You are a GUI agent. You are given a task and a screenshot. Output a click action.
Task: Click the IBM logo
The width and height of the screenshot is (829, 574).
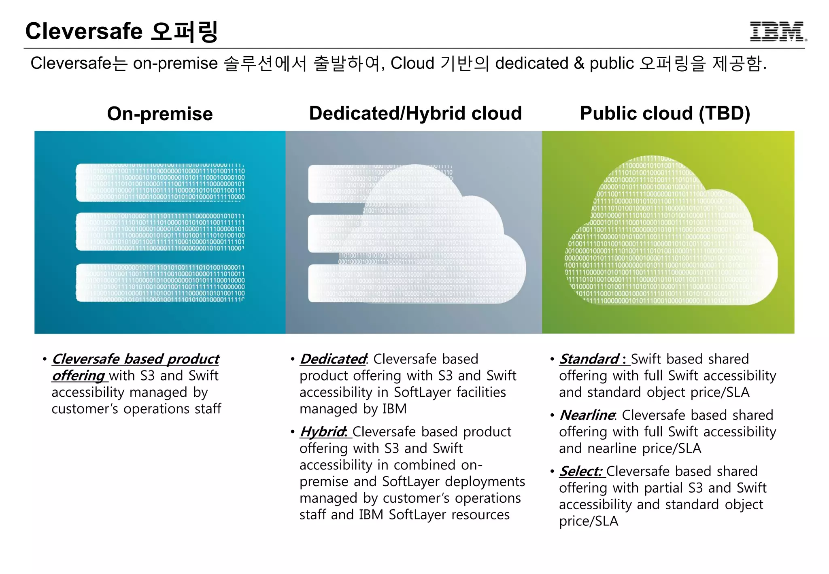point(778,32)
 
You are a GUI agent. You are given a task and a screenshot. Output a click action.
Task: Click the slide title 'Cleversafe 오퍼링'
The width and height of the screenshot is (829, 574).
point(121,32)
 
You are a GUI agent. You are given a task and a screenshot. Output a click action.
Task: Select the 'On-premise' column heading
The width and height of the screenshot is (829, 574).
point(160,114)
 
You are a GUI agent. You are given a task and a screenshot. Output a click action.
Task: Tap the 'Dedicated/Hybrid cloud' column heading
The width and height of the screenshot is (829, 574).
point(415,113)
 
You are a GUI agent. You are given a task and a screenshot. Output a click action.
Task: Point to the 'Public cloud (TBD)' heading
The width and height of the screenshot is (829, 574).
point(665,113)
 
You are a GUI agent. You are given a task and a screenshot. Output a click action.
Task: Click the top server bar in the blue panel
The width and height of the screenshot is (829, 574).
point(160,183)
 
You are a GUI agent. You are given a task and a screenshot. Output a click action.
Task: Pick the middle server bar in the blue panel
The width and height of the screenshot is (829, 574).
point(160,232)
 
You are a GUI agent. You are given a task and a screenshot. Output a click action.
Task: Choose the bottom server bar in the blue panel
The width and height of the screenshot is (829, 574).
point(160,283)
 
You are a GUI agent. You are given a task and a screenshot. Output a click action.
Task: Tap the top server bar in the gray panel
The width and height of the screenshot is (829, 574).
point(336,184)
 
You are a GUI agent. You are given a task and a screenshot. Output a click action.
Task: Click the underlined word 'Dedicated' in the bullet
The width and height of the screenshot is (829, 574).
point(333,359)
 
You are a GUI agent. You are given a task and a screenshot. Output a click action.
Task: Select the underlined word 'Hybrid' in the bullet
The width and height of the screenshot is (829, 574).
point(323,432)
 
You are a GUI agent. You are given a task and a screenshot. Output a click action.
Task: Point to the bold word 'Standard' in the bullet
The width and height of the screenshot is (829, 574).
point(589,359)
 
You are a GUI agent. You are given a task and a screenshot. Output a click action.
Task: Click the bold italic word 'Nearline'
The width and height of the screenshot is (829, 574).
point(587,415)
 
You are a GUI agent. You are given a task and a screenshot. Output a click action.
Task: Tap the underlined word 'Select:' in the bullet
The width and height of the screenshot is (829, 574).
point(581,472)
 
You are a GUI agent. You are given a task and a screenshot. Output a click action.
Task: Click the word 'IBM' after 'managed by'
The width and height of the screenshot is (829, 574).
point(394,409)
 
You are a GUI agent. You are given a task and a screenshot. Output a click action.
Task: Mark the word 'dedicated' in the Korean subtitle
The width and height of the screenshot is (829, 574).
point(532,64)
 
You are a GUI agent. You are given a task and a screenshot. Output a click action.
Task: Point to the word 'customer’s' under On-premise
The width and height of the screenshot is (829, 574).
point(85,409)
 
